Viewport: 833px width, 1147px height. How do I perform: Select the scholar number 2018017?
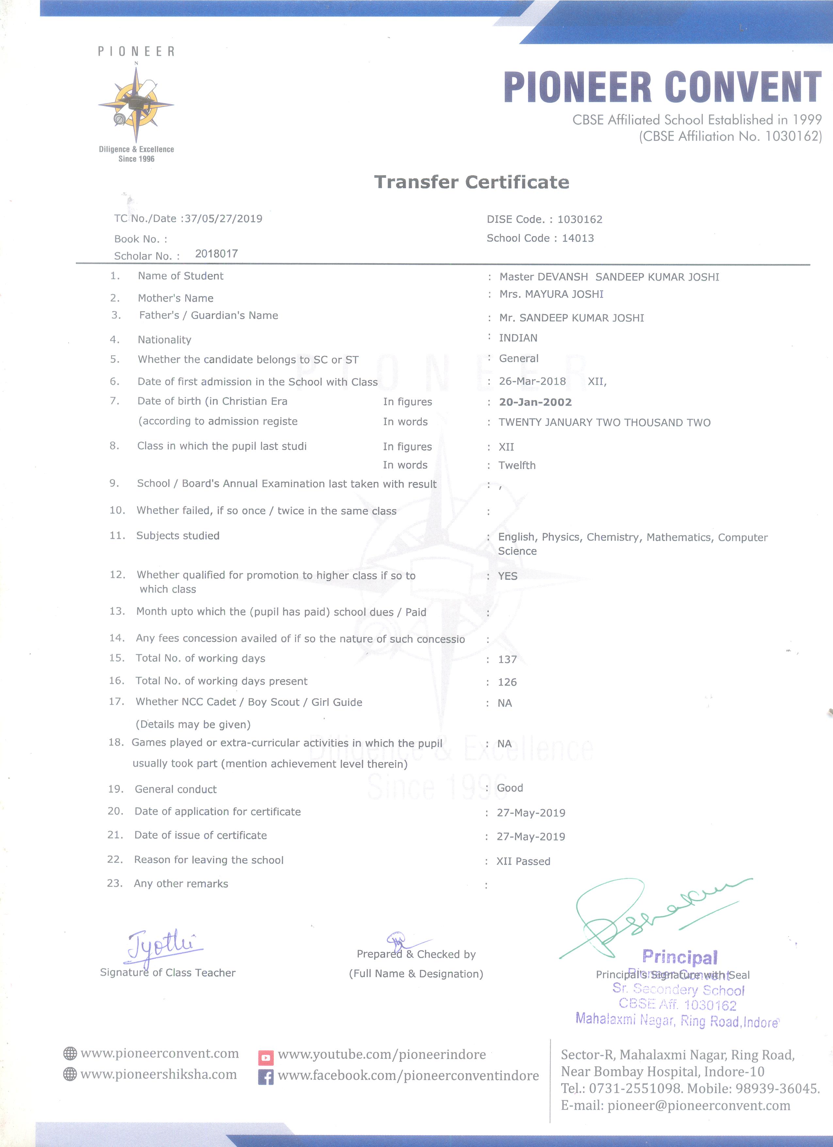pos(216,254)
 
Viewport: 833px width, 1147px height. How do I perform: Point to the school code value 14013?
pos(578,238)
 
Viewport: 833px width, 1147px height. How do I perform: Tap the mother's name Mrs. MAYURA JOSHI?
pos(551,294)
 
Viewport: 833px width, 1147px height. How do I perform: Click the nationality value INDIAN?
pos(518,338)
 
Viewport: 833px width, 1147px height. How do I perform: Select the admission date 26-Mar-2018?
pos(532,381)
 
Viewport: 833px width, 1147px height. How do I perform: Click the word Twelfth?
pos(516,465)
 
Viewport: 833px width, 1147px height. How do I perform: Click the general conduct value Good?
pos(510,788)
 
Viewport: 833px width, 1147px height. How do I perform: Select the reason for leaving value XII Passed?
pos(523,861)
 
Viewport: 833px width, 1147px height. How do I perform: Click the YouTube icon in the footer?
pos(266,1057)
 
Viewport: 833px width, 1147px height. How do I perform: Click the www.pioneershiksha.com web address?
pos(158,1074)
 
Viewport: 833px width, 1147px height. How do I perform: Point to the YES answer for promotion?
pos(508,576)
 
